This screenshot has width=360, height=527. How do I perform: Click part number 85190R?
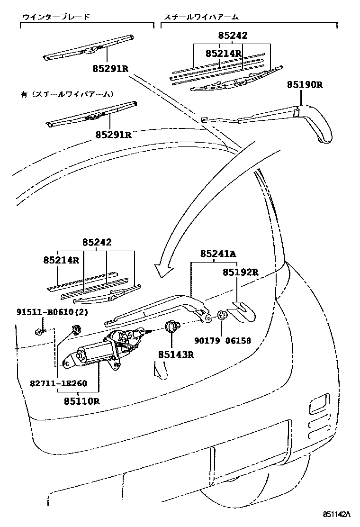coord(305,85)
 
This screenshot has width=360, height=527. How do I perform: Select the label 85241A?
coord(218,254)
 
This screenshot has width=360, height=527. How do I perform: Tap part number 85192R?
coord(241,272)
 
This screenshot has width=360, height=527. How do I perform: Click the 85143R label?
coord(176,354)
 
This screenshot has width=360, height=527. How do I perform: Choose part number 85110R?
coord(82,401)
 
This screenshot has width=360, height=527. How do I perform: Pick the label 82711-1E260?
coord(58,383)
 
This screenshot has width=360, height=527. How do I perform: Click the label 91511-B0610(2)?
coord(52,312)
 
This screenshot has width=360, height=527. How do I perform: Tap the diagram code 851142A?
coord(336,514)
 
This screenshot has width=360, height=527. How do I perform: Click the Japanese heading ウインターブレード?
coord(56,17)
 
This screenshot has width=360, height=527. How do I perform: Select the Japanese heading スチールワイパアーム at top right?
coord(201,17)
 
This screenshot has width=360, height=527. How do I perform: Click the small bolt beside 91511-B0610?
coord(39,332)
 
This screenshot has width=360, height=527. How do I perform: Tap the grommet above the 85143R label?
coord(172,326)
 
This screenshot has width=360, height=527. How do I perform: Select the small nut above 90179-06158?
coord(222,315)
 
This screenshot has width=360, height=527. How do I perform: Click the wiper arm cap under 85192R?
coord(241,312)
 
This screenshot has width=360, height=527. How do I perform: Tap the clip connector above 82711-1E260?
coord(74,330)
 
